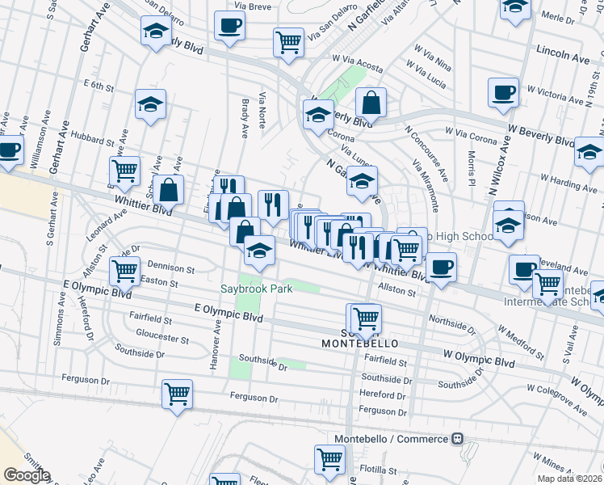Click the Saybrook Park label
(x=254, y=289)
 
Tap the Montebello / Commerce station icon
(x=457, y=439)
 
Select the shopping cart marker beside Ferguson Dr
(x=177, y=394)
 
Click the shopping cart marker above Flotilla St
(x=329, y=459)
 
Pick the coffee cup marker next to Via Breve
(x=229, y=26)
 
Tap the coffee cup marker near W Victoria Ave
(x=504, y=92)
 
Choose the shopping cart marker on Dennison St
(x=124, y=271)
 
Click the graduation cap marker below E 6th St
(x=150, y=104)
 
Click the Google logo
(x=27, y=475)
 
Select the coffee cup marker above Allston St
(x=441, y=267)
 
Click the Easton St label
(x=158, y=282)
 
